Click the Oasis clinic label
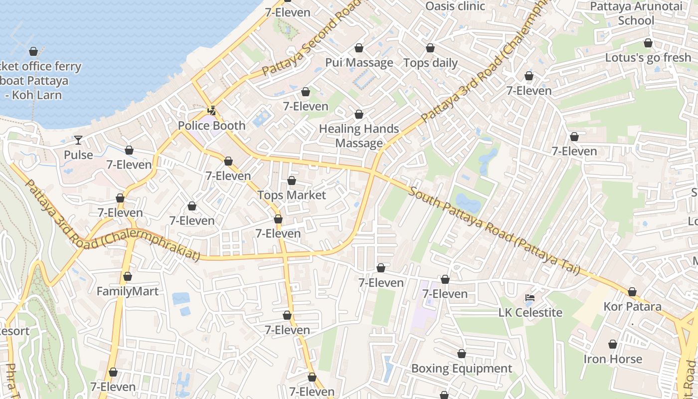455,6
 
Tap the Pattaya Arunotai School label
636,13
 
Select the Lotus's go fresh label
648,57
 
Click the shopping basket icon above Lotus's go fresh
648,43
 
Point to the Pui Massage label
359,62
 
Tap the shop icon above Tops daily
430,48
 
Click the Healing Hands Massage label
359,136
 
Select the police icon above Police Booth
212,111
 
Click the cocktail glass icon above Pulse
78,140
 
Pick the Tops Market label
291,195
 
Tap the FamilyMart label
127,291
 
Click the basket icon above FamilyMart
128,276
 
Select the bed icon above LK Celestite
530,298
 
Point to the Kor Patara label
632,306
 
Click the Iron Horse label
612,359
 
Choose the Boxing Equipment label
461,369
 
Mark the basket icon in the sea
33,51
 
